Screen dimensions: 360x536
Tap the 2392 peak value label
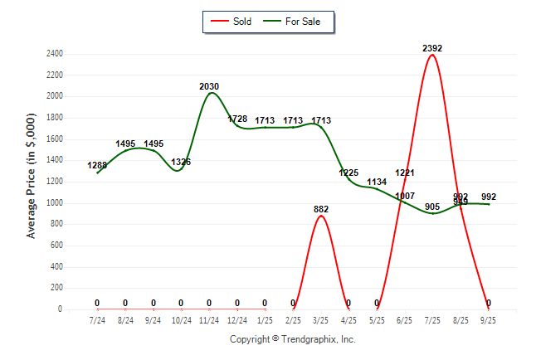tap(432, 48)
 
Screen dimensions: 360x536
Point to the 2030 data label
tap(209, 86)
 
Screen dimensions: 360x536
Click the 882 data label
tap(321, 209)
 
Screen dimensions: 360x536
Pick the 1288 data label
tap(97, 166)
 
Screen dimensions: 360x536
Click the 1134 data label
tap(377, 182)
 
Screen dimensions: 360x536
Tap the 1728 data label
tap(237, 119)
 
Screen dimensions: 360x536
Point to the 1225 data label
tap(349, 173)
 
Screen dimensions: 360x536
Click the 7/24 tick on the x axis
tap(97, 319)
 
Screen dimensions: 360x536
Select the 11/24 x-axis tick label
tap(209, 319)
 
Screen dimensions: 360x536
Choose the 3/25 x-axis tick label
tap(321, 319)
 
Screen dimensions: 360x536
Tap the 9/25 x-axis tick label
tap(489, 319)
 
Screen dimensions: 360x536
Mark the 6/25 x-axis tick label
tap(405, 319)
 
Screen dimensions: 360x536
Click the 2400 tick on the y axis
tap(77, 54)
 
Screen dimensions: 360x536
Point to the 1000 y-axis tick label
tap(77, 203)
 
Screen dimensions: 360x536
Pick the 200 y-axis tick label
tap(80, 288)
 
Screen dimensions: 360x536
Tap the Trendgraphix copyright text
tap(292, 339)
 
